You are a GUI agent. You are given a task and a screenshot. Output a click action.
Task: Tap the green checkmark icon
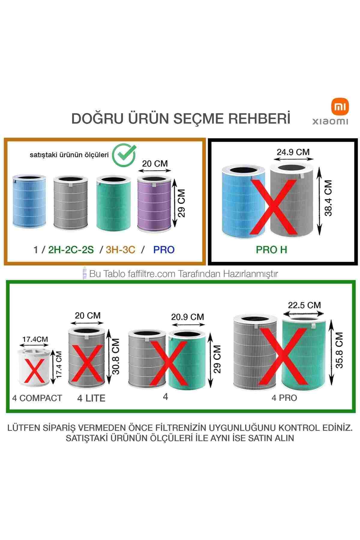click(124, 154)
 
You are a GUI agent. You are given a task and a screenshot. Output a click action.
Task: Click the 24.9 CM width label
click(293, 152)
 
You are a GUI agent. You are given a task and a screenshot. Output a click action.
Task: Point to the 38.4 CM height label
click(329, 198)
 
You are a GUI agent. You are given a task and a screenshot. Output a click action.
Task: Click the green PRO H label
click(271, 250)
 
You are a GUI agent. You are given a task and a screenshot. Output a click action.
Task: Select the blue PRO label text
click(164, 250)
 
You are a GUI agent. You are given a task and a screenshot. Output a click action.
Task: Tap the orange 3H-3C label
click(121, 250)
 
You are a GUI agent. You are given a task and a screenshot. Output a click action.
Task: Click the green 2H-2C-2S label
click(71, 250)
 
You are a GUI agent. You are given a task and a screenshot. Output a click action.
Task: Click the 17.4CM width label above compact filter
click(35, 339)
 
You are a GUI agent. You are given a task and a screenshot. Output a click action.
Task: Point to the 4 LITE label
click(91, 398)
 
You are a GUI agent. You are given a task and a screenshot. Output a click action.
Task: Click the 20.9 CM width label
click(187, 317)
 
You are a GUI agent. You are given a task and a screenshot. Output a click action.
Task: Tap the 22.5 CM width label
click(304, 305)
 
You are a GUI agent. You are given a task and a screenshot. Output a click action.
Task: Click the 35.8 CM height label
click(339, 350)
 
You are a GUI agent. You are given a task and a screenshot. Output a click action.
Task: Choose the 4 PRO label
click(284, 398)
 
